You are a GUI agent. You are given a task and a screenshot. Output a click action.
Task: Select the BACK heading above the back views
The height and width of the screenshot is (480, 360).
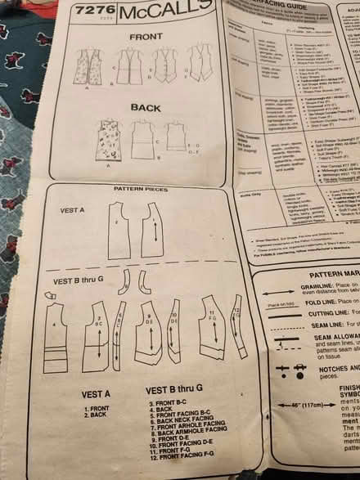click(145, 107)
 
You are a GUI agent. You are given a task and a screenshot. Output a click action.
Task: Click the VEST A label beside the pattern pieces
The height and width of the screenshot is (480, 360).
click(73, 210)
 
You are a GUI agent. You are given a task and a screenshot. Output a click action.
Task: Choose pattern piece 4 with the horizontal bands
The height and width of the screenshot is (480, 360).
click(56, 330)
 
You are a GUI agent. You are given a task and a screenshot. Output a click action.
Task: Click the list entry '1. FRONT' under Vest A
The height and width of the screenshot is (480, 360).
click(97, 406)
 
